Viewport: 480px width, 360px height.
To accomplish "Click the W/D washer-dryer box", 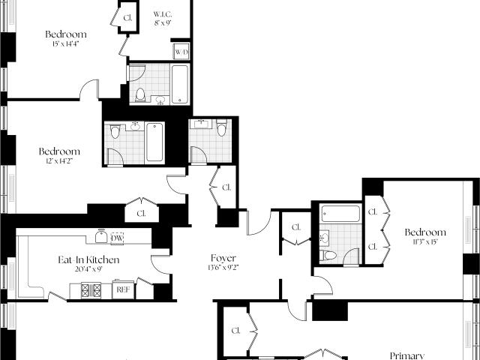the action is (x=181, y=52).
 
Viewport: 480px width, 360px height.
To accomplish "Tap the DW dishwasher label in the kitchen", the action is (x=117, y=238).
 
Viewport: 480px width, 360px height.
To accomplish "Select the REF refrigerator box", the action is (x=123, y=289).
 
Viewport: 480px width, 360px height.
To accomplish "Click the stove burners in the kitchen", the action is (x=91, y=290).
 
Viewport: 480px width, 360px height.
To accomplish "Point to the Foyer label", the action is (x=223, y=258).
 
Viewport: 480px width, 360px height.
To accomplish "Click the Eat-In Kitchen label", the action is (x=88, y=260).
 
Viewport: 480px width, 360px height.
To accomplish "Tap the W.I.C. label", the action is (x=163, y=14).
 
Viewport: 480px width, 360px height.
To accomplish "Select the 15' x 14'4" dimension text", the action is (x=65, y=43).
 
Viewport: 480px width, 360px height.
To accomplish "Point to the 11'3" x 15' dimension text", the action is (x=425, y=241).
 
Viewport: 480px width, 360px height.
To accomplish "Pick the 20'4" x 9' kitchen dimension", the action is (x=88, y=269).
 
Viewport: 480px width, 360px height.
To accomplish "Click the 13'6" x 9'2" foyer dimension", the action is (x=223, y=267).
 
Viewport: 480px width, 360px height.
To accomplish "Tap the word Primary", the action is (x=407, y=355).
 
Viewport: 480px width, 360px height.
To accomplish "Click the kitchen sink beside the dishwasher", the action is (x=101, y=237).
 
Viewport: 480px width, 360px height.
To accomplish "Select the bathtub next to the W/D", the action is (x=180, y=84).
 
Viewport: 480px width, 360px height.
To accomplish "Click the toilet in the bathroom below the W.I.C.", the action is (x=140, y=94).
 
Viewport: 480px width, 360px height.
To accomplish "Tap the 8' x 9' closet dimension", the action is (x=163, y=22).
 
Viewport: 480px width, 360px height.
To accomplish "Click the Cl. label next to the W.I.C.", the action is (x=128, y=18).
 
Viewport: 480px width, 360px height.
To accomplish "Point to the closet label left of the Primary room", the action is (x=235, y=331).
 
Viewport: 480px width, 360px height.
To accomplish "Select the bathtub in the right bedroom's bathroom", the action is (x=340, y=213).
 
